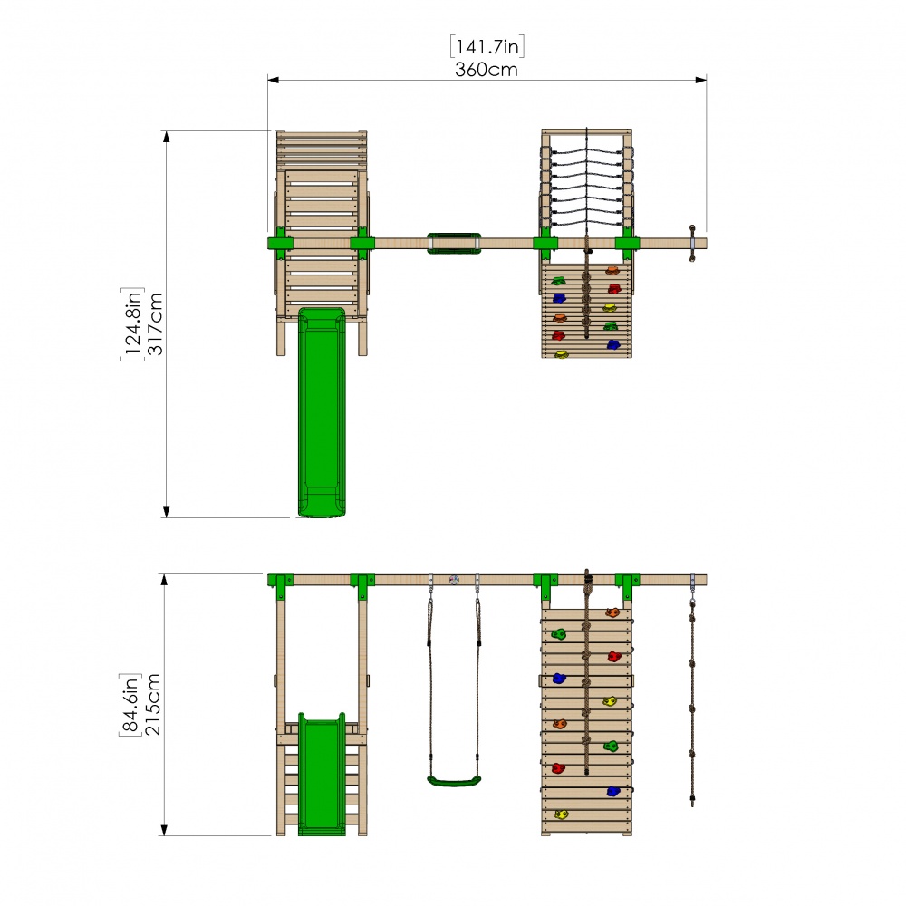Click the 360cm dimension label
pyautogui.click(x=487, y=69)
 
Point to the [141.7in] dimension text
pyautogui.click(x=487, y=45)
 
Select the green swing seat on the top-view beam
pyautogui.click(x=454, y=243)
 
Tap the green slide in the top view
pyautogui.click(x=322, y=412)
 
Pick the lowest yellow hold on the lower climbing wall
pyautogui.click(x=562, y=814)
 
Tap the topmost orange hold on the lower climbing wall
pyautogui.click(x=613, y=612)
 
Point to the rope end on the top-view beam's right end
pyautogui.click(x=693, y=243)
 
